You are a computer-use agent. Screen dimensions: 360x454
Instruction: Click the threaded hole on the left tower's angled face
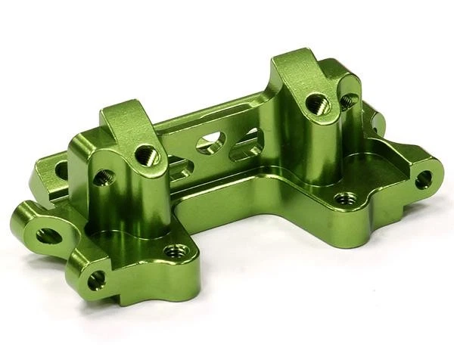click(148, 156)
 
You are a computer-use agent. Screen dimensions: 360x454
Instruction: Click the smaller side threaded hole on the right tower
click(349, 100)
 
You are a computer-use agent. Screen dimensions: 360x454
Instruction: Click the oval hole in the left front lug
click(48, 235)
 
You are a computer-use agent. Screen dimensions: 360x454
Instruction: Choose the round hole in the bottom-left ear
click(96, 281)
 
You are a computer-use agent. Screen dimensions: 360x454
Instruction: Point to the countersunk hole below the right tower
click(345, 199)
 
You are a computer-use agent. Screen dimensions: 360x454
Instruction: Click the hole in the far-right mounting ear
click(424, 179)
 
